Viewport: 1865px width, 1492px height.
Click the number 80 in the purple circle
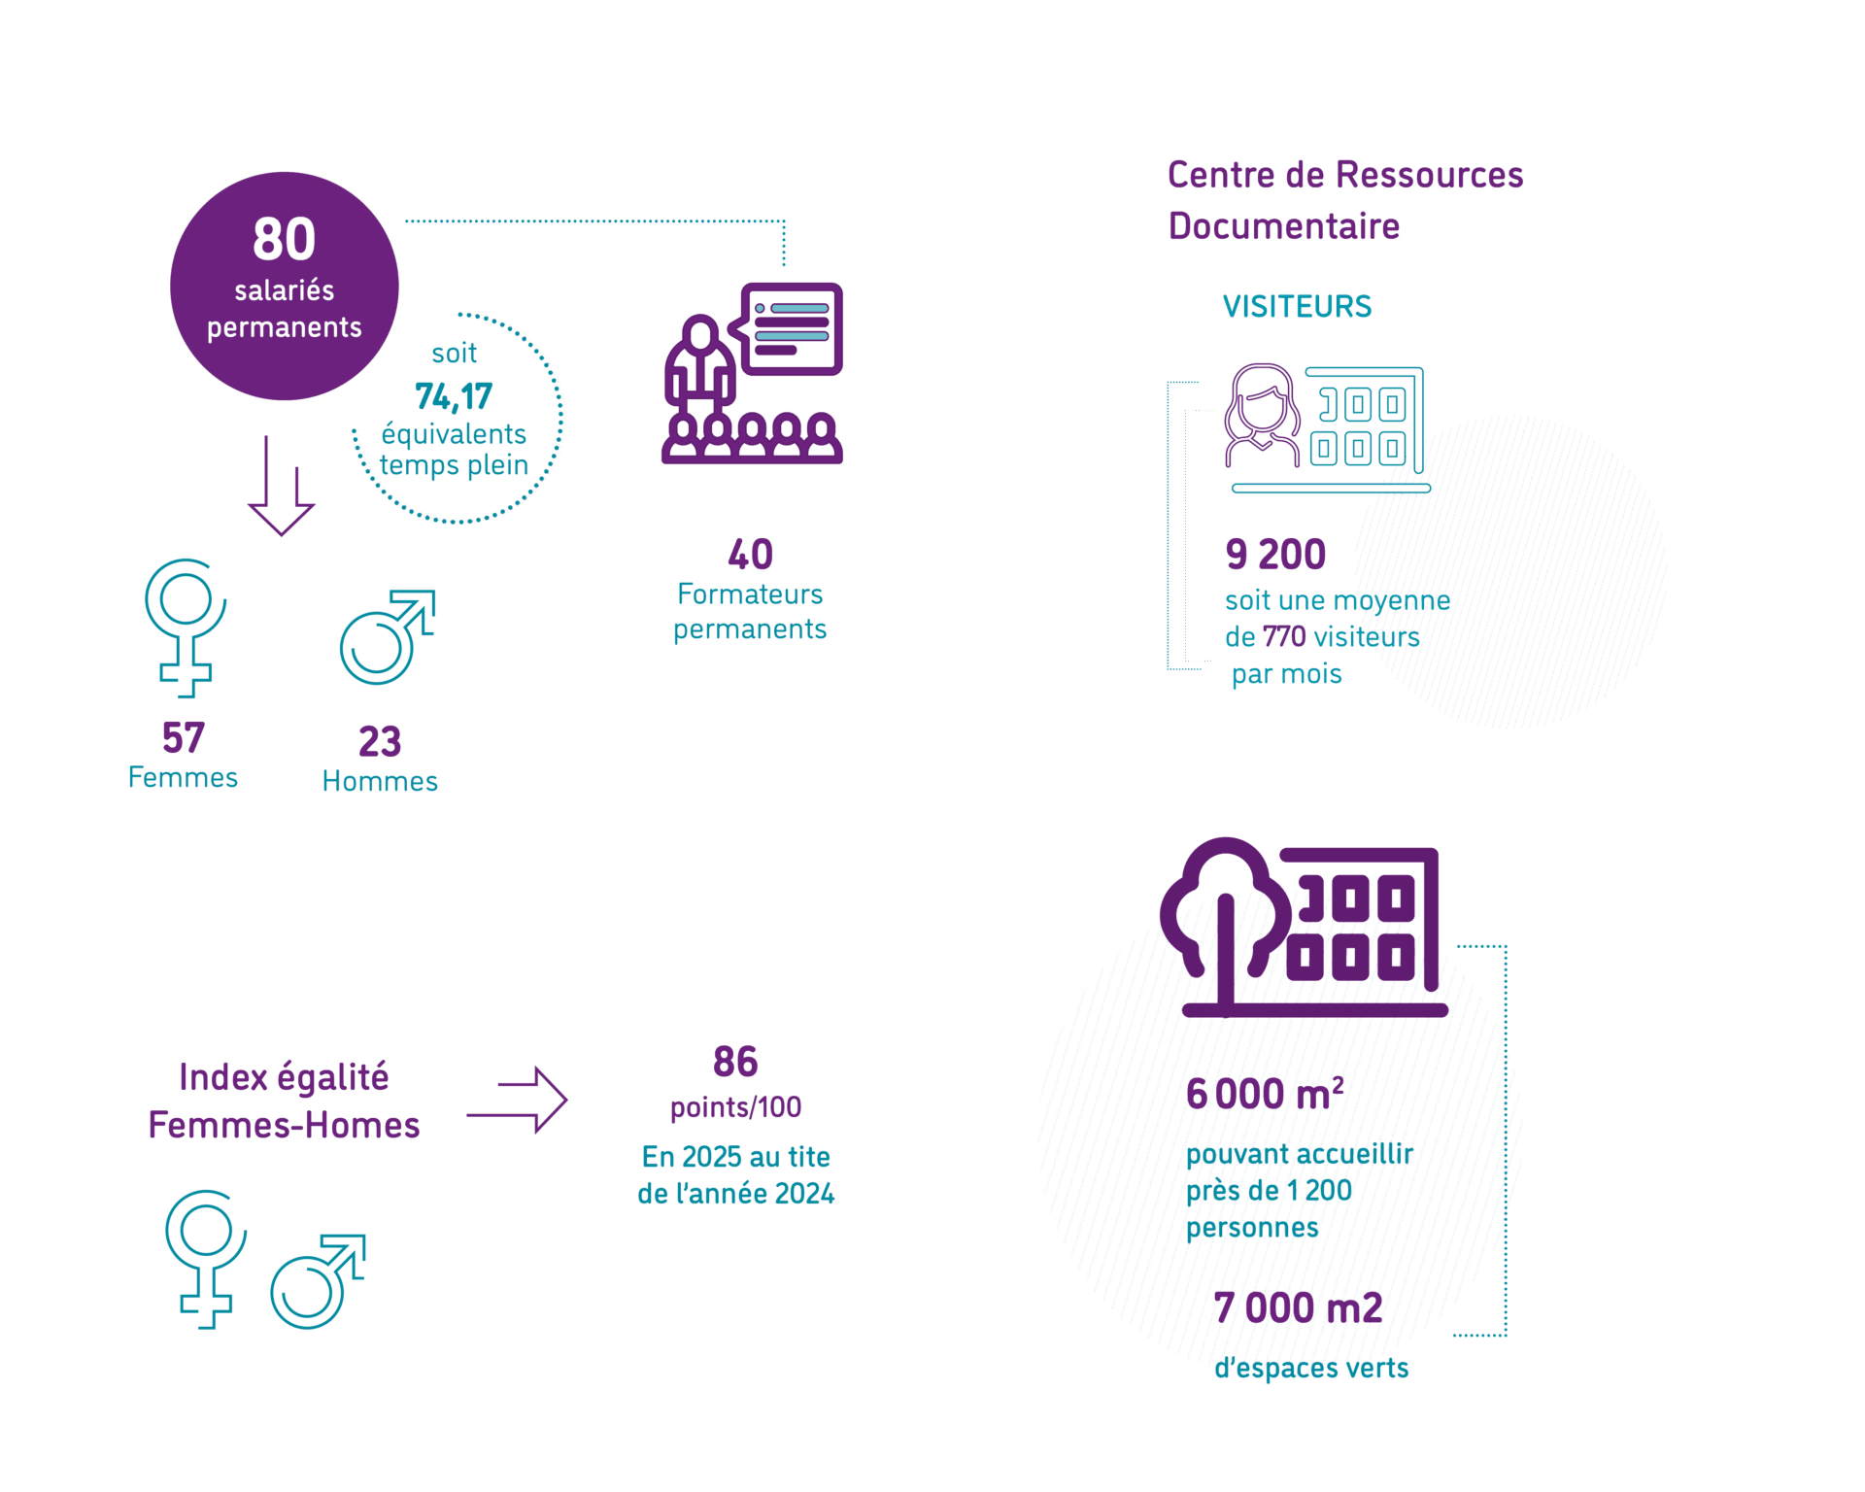pyautogui.click(x=284, y=239)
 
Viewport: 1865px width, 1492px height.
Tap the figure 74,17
pyautogui.click(x=453, y=396)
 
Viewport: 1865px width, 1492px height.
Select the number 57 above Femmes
pyautogui.click(x=183, y=738)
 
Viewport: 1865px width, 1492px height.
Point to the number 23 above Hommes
pyautogui.click(x=380, y=742)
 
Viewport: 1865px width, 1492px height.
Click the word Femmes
pyautogui.click(x=183, y=778)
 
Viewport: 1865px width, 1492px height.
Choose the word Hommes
pyautogui.click(x=380, y=782)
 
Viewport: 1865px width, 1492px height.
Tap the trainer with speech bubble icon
pyautogui.click(x=752, y=373)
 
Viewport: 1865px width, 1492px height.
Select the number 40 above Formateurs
pyautogui.click(x=750, y=555)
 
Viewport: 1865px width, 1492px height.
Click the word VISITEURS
pyautogui.click(x=1297, y=307)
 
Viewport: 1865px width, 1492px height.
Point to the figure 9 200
pyautogui.click(x=1275, y=555)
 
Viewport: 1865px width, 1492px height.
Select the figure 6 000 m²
pyautogui.click(x=1265, y=1094)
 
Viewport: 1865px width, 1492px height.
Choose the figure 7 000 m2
pyautogui.click(x=1298, y=1308)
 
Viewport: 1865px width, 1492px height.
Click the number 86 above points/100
pyautogui.click(x=735, y=1062)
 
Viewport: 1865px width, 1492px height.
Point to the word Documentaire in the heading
pyautogui.click(x=1284, y=226)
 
